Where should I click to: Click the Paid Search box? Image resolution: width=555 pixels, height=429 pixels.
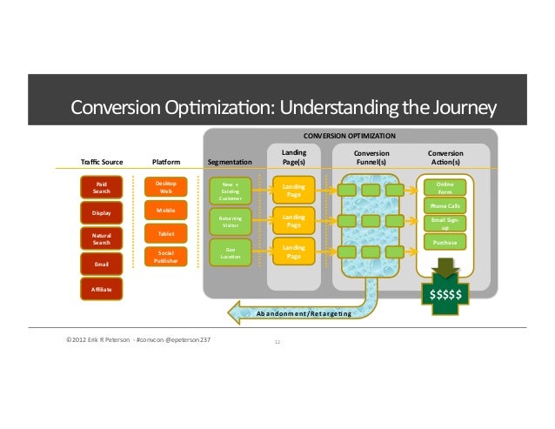coord(102,188)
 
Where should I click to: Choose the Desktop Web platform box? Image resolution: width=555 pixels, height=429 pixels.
coord(165,187)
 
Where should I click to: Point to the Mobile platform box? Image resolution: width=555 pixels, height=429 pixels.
coord(165,211)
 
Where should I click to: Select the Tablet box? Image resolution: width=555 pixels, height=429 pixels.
coord(165,233)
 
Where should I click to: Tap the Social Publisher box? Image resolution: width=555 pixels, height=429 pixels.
coord(165,257)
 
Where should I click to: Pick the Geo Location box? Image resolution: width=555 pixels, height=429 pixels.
coord(231,253)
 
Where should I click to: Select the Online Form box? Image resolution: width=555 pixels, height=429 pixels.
coord(445,188)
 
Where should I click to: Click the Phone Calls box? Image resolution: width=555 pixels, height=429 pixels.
coord(445,205)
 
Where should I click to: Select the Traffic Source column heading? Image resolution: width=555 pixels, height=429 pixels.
coord(102,162)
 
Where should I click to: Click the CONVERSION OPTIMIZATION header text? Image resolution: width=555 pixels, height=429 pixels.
coord(349,136)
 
